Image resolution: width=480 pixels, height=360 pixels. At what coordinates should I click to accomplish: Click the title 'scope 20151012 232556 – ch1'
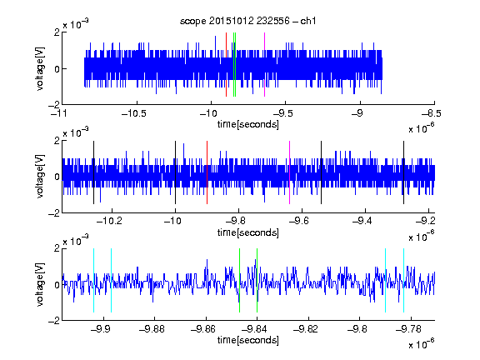pos(247,21)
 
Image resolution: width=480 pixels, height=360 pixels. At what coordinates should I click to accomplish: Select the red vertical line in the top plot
pos(226,65)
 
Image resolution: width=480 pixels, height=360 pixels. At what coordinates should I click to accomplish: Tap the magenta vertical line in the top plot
pos(264,65)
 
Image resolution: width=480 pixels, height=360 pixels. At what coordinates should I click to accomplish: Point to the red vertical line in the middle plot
pos(207,172)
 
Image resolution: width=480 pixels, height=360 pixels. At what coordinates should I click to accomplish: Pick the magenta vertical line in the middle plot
pos(290,172)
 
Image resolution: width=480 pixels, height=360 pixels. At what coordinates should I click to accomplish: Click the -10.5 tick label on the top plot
pos(134,113)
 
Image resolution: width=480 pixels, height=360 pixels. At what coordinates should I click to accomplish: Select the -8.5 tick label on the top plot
pos(431,113)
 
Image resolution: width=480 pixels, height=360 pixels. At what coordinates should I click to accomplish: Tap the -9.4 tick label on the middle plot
pos(362,220)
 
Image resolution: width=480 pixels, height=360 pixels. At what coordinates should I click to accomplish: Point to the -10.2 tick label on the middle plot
pos(109,220)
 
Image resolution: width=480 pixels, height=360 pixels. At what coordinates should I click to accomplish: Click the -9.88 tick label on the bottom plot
pos(152,329)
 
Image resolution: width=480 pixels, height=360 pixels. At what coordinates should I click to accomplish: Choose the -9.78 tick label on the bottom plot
pos(408,329)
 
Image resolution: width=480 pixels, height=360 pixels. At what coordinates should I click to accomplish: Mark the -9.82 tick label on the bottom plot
pos(306,329)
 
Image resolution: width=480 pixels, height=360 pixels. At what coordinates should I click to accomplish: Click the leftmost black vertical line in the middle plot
pos(93,172)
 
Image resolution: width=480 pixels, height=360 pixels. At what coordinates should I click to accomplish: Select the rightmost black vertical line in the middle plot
pos(403,172)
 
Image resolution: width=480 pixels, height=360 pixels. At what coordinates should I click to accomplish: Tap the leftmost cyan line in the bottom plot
pos(93,280)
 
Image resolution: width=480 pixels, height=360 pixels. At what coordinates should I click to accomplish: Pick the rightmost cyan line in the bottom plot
pos(403,280)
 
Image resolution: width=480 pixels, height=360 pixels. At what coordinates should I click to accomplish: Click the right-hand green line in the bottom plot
pos(257,280)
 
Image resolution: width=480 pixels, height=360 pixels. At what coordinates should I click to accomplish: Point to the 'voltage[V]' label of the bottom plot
pos(40,285)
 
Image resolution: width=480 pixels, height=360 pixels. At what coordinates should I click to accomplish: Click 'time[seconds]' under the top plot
pos(248,124)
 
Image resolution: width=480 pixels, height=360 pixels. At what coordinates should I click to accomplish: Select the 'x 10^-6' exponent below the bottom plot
pos(422,344)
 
